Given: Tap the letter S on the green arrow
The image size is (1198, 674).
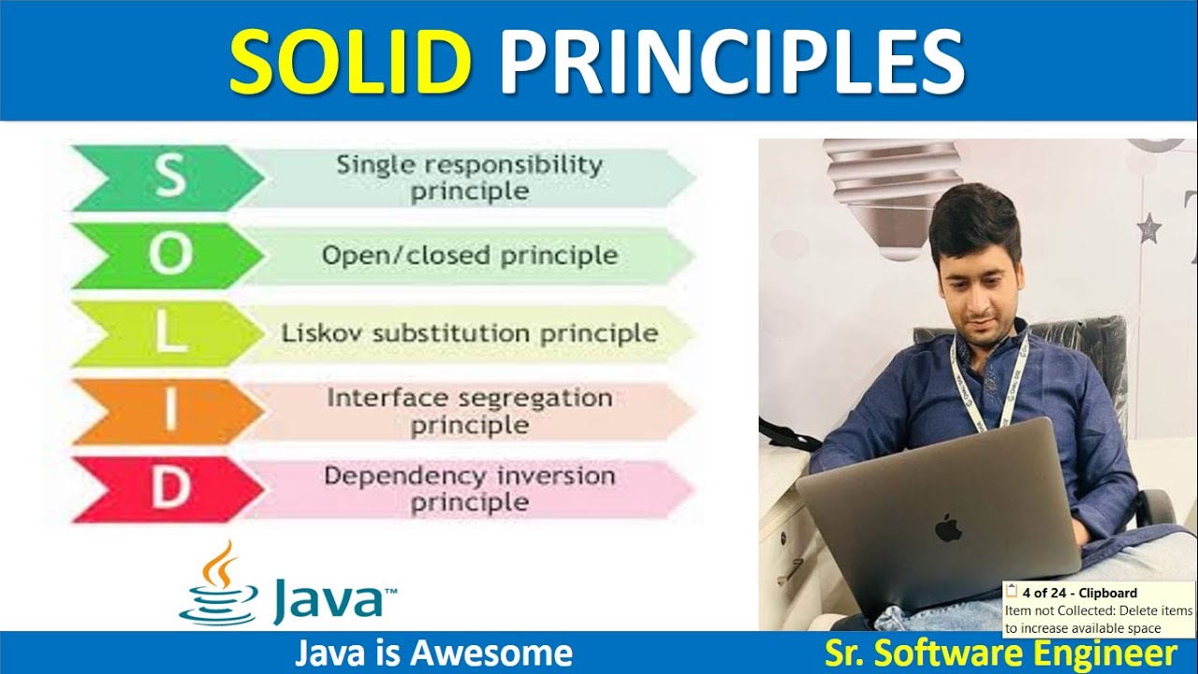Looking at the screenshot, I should point(169,177).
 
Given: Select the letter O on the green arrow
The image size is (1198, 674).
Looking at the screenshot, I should point(169,256).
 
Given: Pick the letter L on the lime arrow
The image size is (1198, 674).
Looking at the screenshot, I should point(169,333).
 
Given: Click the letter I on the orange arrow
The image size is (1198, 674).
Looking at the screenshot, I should point(169,412).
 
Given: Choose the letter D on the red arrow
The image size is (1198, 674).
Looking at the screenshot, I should point(169,490).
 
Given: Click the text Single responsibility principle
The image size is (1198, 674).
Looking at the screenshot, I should point(470,178).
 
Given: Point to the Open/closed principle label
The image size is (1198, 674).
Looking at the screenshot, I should point(470,256).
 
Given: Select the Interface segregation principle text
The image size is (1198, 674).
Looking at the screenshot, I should point(470,411).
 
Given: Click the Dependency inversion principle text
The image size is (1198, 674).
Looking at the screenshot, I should point(470,489).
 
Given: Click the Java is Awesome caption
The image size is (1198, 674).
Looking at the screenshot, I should point(433,653).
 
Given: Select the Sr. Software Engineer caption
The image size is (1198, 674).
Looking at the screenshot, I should point(1001,653).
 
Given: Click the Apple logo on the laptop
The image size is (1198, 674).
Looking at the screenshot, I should point(948,526).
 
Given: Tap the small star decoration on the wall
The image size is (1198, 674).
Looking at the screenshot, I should point(1147,226).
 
